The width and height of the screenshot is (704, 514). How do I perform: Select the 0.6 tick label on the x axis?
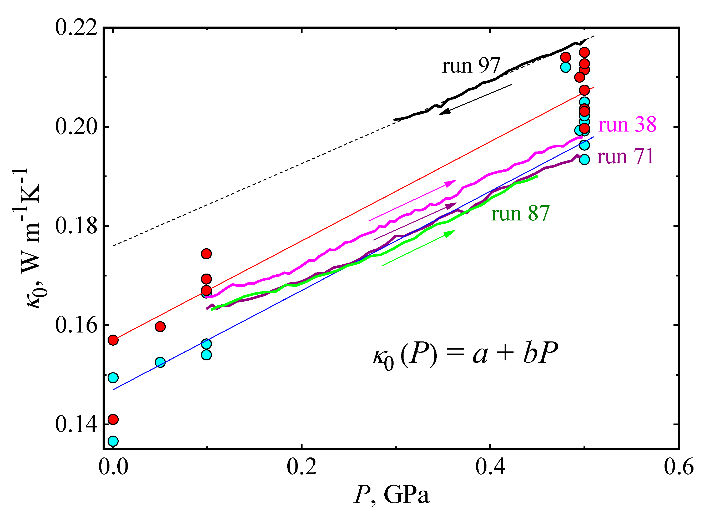pos(678,467)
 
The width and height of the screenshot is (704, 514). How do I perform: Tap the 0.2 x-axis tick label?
pos(301,467)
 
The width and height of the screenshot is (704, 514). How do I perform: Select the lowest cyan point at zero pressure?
pos(113,441)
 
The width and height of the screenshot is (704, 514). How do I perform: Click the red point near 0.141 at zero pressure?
pos(113,419)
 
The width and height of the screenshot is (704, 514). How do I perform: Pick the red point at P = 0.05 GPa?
pos(160,327)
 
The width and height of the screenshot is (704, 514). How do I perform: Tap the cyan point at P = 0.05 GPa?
pos(160,362)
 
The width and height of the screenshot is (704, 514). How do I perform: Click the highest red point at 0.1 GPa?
pos(206,254)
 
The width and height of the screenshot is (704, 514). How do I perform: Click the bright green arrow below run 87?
pos(418,248)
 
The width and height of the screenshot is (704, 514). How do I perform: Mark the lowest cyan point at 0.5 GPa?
pos(584,160)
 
